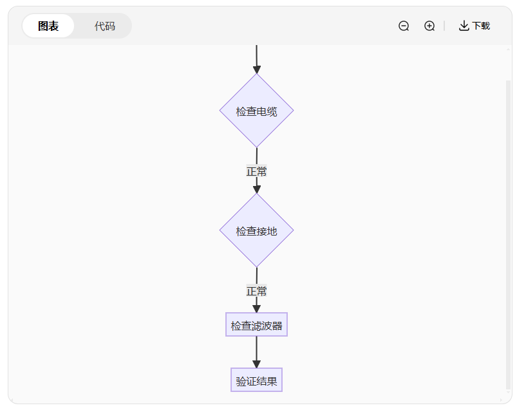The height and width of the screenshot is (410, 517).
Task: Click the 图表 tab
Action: [48, 26]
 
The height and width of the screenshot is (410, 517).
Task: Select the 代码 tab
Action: [104, 26]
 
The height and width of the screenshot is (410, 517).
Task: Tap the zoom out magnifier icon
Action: [404, 26]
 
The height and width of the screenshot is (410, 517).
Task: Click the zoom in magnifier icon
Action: [429, 26]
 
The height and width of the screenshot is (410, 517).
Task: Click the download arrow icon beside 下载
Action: [464, 26]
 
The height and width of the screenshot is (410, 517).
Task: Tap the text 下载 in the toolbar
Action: [481, 26]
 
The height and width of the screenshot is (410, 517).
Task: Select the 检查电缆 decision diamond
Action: [256, 111]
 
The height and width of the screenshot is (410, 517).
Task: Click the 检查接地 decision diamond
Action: [256, 230]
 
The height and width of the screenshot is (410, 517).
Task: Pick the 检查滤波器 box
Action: [256, 325]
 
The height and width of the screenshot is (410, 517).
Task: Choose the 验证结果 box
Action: [256, 380]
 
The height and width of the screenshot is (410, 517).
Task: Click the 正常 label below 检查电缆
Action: [256, 171]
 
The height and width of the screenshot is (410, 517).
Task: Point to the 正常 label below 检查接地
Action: [256, 291]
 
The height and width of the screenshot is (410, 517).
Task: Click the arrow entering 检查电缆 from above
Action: [256, 58]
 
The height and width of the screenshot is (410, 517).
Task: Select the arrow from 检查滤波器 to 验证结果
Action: [256, 351]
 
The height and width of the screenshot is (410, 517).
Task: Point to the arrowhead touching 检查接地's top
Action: [256, 189]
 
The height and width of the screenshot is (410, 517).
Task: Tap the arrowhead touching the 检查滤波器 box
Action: [256, 309]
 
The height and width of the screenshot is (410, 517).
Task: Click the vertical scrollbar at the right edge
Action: [508, 232]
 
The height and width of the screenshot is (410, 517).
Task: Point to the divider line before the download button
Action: [444, 26]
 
